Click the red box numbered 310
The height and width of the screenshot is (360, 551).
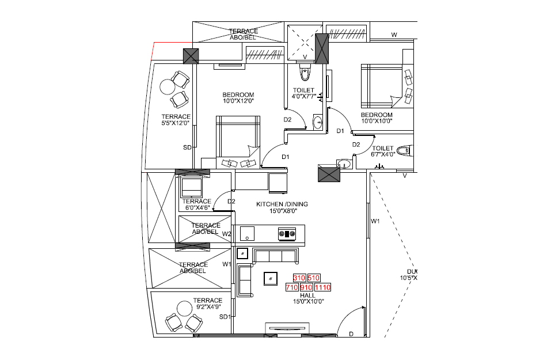pyautogui.click(x=299, y=278)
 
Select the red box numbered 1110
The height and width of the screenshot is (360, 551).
pyautogui.click(x=323, y=287)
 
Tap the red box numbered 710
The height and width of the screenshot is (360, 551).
pyautogui.click(x=292, y=287)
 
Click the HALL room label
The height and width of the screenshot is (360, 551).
pyautogui.click(x=308, y=295)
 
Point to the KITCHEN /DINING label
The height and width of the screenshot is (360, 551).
pyautogui.click(x=282, y=204)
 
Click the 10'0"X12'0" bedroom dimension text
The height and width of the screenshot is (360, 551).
pyautogui.click(x=238, y=101)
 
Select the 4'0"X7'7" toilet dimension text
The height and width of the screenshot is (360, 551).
pyautogui.click(x=303, y=97)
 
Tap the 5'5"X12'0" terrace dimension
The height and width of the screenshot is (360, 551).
pyautogui.click(x=176, y=123)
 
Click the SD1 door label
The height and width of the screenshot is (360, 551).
pyautogui.click(x=225, y=317)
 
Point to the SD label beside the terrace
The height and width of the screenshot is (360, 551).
pyautogui.click(x=187, y=148)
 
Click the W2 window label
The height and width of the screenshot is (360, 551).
pyautogui.click(x=227, y=234)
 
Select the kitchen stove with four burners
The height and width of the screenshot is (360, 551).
pyautogui.click(x=287, y=233)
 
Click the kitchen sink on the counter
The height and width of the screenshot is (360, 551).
pyautogui.click(x=248, y=233)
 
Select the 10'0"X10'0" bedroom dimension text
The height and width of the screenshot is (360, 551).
pyautogui.click(x=377, y=122)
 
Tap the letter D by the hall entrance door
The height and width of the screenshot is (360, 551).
pyautogui.click(x=351, y=334)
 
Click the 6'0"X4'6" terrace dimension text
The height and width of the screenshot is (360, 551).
pyautogui.click(x=196, y=209)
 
